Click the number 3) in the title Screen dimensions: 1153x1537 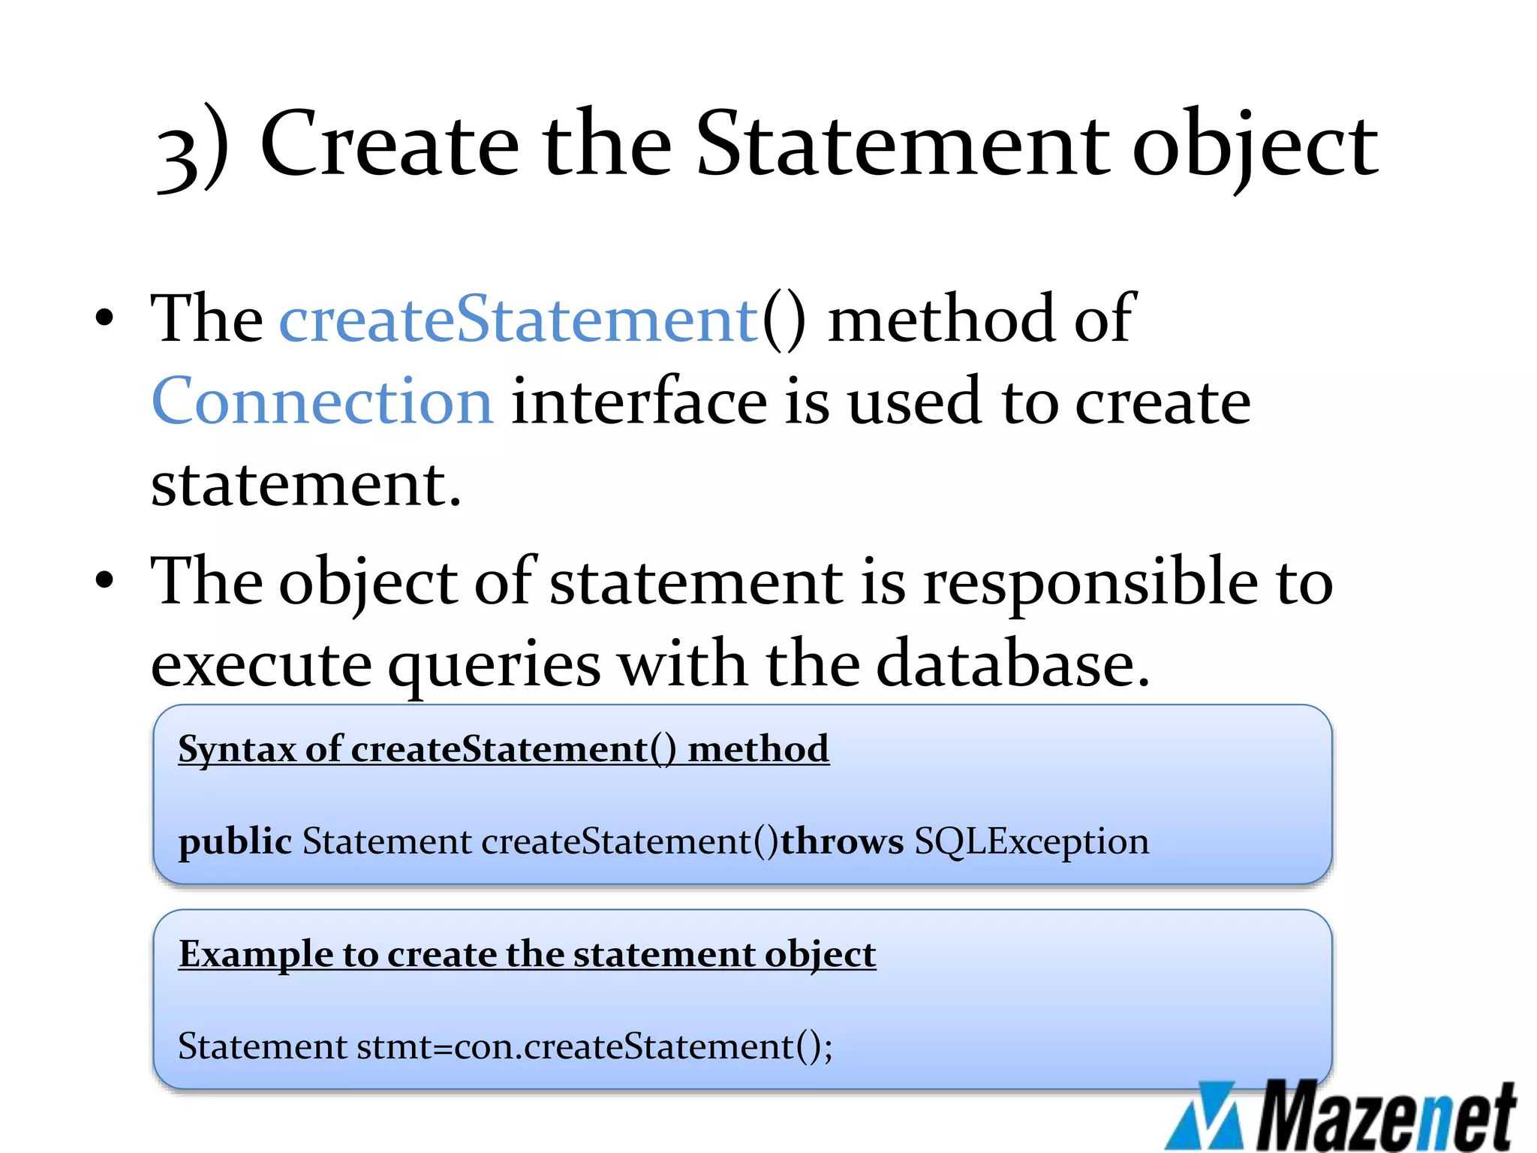click(x=192, y=146)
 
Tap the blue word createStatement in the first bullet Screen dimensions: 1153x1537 click(x=519, y=319)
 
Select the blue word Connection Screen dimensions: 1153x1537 click(x=323, y=401)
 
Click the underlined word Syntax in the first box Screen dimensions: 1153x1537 click(x=237, y=749)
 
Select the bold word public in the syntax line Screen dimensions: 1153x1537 click(x=235, y=841)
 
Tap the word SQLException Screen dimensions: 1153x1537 click(x=1031, y=841)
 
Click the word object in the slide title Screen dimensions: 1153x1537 click(x=1254, y=146)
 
